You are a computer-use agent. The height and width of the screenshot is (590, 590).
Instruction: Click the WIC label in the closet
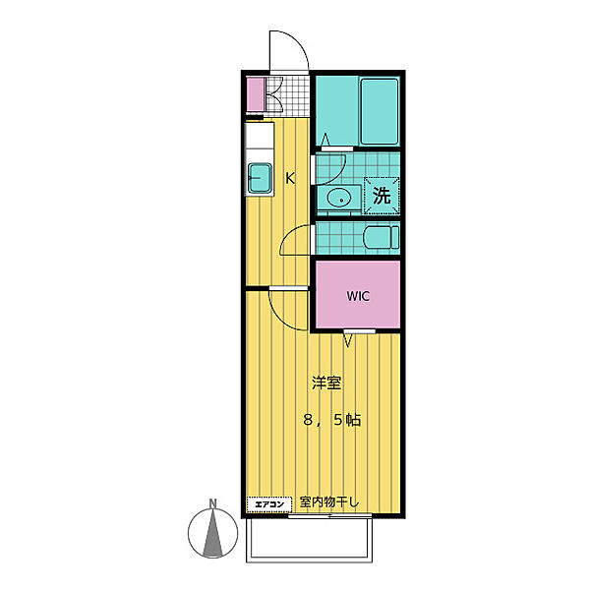pos(358,296)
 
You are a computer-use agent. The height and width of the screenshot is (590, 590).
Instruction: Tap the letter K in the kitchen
pos(290,178)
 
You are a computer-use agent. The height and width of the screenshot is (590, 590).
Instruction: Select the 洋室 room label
pos(326,383)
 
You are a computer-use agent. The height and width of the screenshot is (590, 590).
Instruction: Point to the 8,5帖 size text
pos(332,420)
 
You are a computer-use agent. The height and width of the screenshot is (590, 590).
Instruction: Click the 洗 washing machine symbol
pos(382,196)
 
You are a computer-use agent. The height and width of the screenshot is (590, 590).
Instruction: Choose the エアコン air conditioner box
pos(269,504)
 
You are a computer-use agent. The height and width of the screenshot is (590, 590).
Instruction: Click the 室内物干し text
pos(328,501)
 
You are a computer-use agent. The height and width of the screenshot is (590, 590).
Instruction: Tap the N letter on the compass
pos(213,503)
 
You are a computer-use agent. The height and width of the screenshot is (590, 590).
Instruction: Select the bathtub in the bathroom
pos(380,111)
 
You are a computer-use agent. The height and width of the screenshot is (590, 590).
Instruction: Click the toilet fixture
pos(382,237)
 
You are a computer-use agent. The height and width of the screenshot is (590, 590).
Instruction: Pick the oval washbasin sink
pos(339,198)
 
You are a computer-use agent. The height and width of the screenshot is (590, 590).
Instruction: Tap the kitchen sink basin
pos(260,178)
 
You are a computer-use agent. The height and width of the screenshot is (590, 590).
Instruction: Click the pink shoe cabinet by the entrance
pos(256,94)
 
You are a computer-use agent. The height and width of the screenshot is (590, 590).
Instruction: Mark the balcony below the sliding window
pos(309,541)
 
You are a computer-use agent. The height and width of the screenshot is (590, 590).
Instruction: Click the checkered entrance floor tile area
pos(293,94)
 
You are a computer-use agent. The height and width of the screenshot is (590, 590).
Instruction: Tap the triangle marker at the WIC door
pos(348,341)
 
